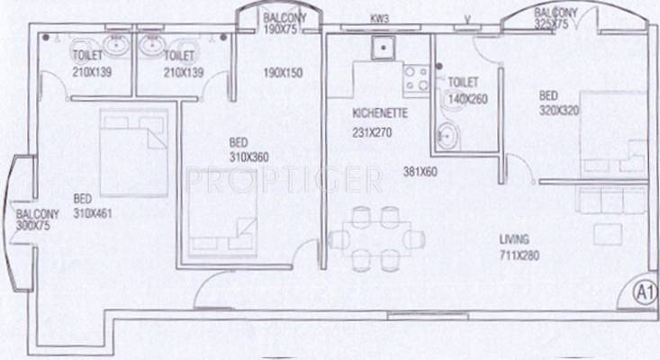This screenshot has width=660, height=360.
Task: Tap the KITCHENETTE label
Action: click(380, 114)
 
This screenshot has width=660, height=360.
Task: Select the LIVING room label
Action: click(516, 239)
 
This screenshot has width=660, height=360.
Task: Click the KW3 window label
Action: click(380, 18)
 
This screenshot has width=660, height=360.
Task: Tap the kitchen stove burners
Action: click(414, 78)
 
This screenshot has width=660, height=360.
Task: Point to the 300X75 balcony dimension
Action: click(36, 229)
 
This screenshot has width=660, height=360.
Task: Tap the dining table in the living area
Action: click(375, 238)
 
